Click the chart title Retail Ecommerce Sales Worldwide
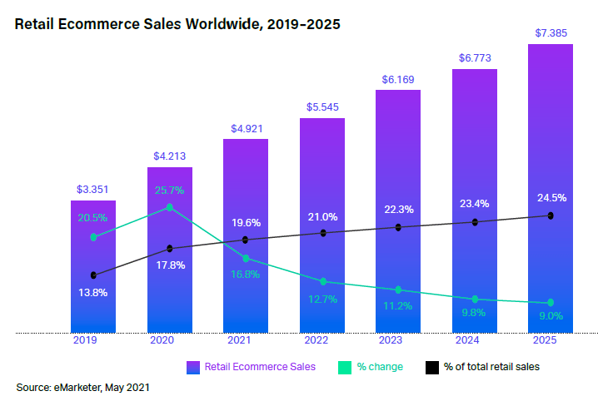[x=177, y=24]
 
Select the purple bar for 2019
[x=92, y=266]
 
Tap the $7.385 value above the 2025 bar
[x=551, y=32]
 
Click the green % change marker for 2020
[x=170, y=207]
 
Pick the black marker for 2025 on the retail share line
[x=551, y=215]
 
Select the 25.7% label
[x=169, y=191]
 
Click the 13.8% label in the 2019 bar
[x=92, y=293]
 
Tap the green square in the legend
[x=343, y=367]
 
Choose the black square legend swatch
[x=432, y=367]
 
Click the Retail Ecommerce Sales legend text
[x=260, y=367]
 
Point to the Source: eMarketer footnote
[x=83, y=387]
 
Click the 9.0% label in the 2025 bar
[x=551, y=316]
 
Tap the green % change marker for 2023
[x=398, y=290]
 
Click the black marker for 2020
[x=170, y=248]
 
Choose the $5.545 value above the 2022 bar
[x=322, y=107]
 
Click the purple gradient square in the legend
[x=193, y=367]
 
